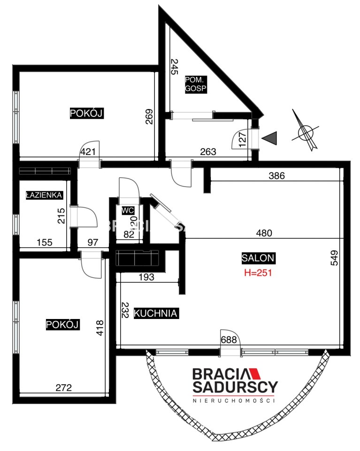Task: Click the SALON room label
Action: point(258,258)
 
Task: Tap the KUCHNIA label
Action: point(156,313)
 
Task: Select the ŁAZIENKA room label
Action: point(44,195)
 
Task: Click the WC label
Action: point(128,210)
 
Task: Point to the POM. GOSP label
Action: point(196,84)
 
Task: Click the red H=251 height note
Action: point(258,272)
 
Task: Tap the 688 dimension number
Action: point(229,340)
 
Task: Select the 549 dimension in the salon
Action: point(335,258)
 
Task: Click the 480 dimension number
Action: point(264,233)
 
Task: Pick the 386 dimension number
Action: point(276,175)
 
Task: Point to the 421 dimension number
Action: point(88,152)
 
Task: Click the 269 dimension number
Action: point(149,117)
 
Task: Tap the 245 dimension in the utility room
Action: point(174,67)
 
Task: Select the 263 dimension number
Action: point(208,152)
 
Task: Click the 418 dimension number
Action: point(100,328)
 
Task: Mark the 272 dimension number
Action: point(63,388)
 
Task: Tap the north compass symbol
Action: point(306,131)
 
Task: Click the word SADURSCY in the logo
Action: point(235,387)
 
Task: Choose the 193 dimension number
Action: point(146,277)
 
